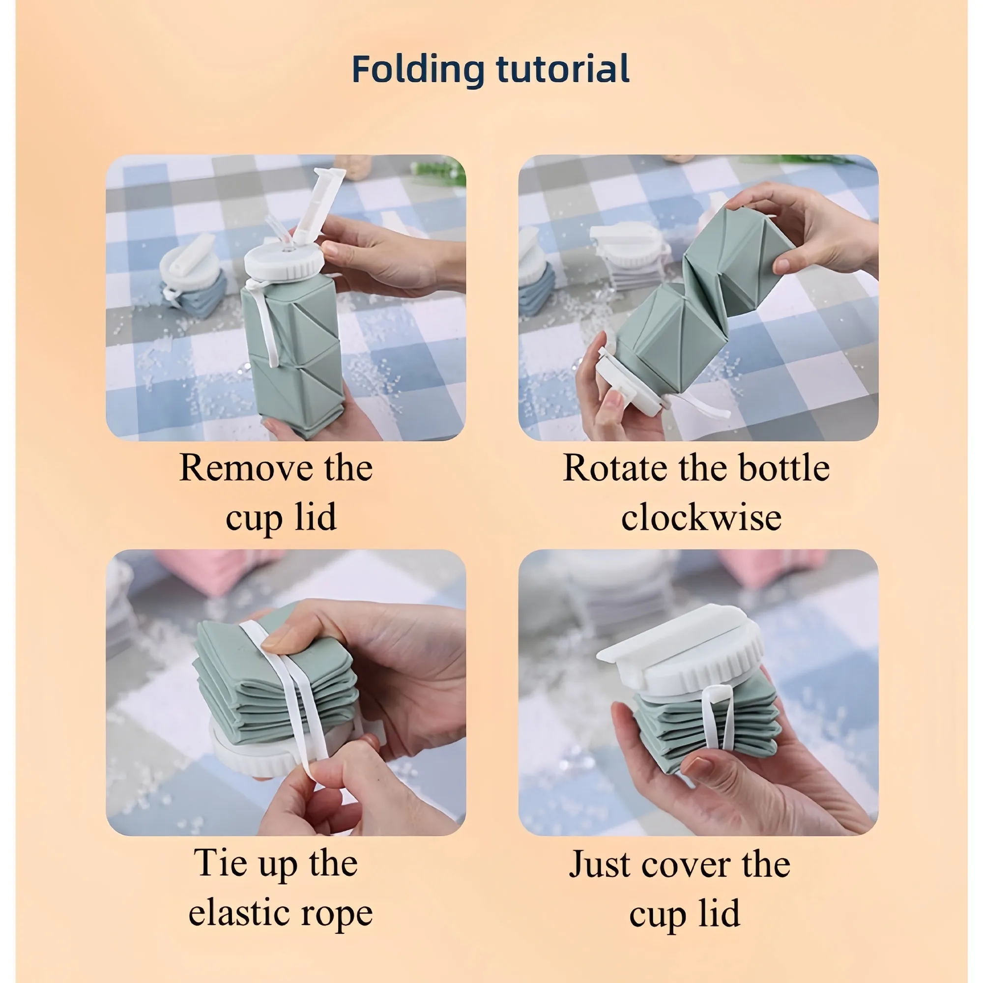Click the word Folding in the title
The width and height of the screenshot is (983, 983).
click(418, 69)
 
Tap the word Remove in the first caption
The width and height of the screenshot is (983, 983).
click(246, 467)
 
